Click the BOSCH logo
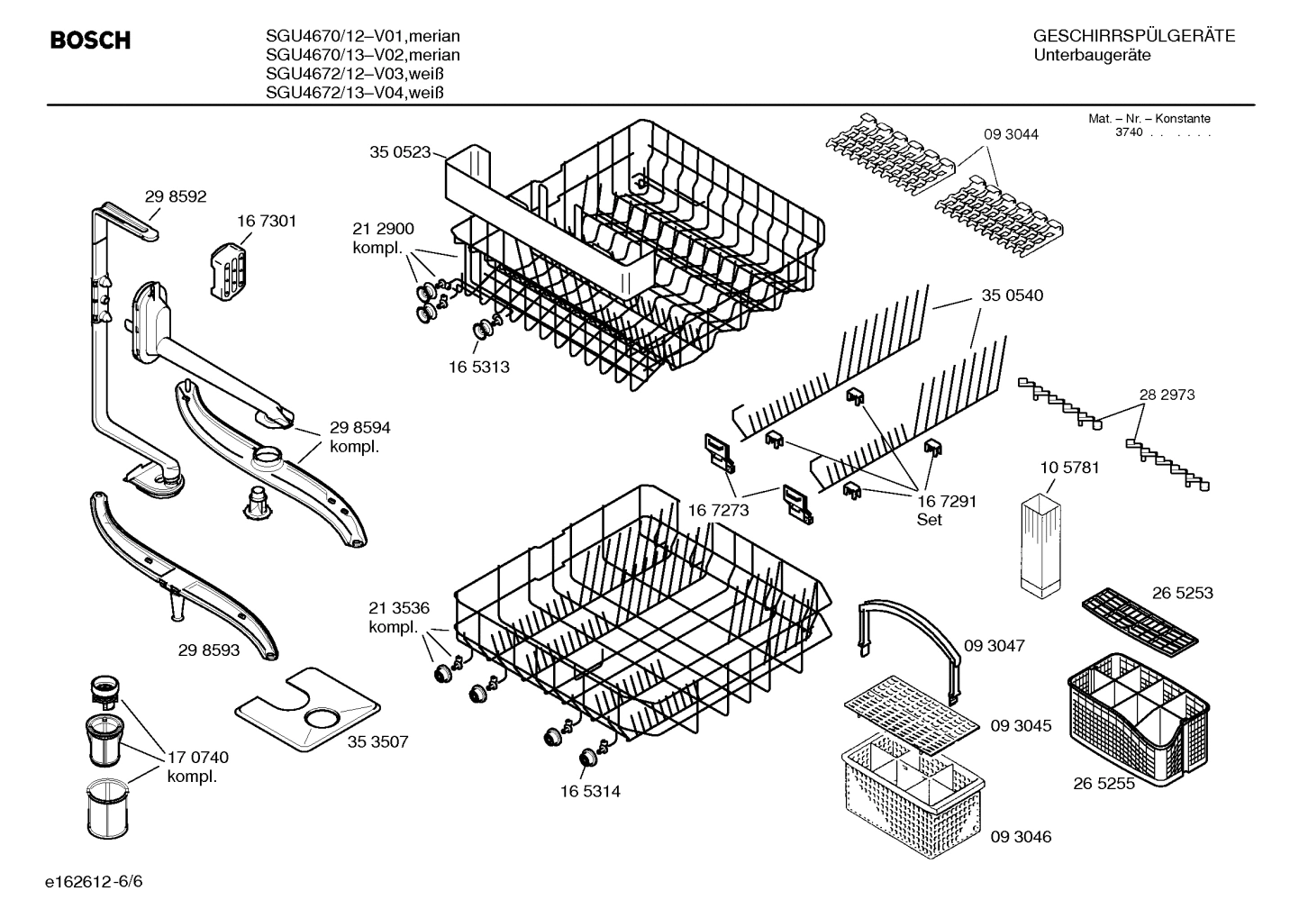[x=90, y=41]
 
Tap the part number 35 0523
[x=400, y=152]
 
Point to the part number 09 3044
[x=1010, y=134]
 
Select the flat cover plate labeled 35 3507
[x=306, y=710]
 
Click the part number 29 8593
[x=209, y=650]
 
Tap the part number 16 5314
[x=589, y=792]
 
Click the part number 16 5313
[x=478, y=367]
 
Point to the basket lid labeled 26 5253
[x=1139, y=621]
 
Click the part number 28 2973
[x=1167, y=395]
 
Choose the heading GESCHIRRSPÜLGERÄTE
[x=1133, y=36]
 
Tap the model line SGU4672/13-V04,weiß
[x=356, y=93]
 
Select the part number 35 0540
[x=1012, y=295]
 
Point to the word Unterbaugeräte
[x=1092, y=56]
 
